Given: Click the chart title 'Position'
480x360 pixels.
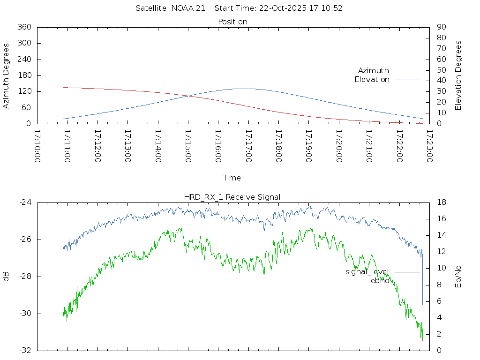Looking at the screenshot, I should pos(232,22).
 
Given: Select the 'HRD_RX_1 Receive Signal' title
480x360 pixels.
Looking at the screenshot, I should pos(232,197).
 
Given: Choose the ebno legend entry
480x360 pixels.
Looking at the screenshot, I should pos(380,281).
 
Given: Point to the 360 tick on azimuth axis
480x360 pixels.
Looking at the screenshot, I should pos(24,27).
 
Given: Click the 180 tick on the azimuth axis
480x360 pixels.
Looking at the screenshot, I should pos(24,75).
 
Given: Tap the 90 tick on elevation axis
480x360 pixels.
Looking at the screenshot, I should pos(441,27).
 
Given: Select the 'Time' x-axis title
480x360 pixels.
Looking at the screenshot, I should pos(232,178).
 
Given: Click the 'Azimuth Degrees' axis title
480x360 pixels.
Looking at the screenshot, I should pos(7,75).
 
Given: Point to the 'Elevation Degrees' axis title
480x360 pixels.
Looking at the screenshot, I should pos(458,75).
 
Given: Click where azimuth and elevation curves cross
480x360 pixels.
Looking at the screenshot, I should pos(188,96).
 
